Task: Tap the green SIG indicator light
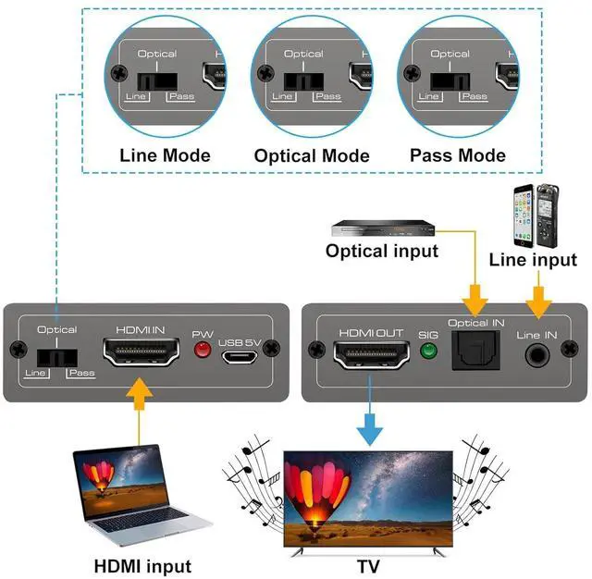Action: (427, 351)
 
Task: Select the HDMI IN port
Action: (142, 354)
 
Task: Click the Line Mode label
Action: (165, 155)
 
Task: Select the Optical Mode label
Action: (312, 156)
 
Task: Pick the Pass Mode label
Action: (458, 155)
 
